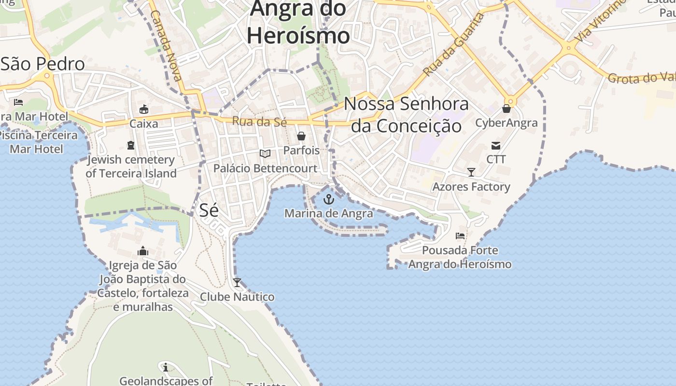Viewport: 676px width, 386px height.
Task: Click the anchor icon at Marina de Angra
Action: pyautogui.click(x=329, y=199)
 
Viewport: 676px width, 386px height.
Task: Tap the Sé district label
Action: pyautogui.click(x=209, y=210)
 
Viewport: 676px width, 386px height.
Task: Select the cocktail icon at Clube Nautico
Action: pyautogui.click(x=237, y=282)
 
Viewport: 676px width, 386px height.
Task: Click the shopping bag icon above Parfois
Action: pyautogui.click(x=301, y=136)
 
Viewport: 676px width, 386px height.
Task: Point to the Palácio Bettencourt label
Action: pyautogui.click(x=266, y=168)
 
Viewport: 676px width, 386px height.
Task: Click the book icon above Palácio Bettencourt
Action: pyautogui.click(x=265, y=154)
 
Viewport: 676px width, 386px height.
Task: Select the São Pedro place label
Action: pyautogui.click(x=43, y=64)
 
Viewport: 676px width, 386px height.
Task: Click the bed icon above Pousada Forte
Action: pyautogui.click(x=460, y=236)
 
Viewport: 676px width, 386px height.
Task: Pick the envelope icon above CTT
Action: pyautogui.click(x=496, y=145)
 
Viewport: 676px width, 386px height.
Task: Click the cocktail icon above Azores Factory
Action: pyautogui.click(x=471, y=172)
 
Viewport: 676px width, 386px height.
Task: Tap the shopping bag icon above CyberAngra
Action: pyautogui.click(x=507, y=109)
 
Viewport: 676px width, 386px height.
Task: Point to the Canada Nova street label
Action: pyautogui.click(x=167, y=46)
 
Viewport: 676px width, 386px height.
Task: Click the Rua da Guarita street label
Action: pyautogui.click(x=453, y=45)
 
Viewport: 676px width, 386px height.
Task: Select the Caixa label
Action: pyautogui.click(x=144, y=124)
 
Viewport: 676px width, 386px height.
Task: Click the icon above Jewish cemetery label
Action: pyautogui.click(x=131, y=145)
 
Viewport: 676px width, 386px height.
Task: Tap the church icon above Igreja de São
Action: pyautogui.click(x=143, y=251)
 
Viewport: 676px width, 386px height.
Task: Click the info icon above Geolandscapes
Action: pyautogui.click(x=166, y=367)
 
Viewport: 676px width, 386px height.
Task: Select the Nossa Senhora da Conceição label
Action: pyautogui.click(x=406, y=115)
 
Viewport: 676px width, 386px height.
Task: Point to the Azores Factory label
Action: pyautogui.click(x=471, y=187)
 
